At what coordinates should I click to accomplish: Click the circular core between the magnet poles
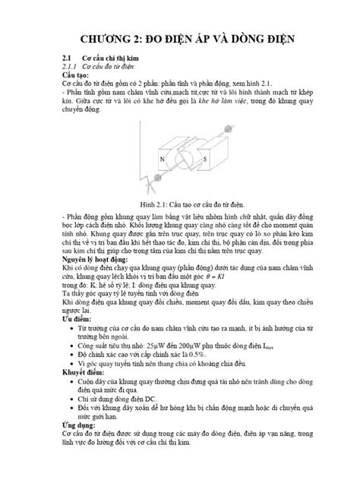183,161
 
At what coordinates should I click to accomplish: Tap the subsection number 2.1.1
71,67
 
